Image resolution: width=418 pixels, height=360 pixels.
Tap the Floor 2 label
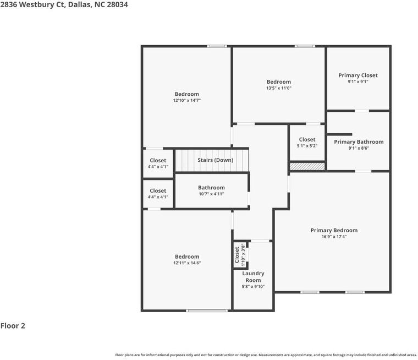[x=13, y=326]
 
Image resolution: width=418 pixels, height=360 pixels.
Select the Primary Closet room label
[x=358, y=75]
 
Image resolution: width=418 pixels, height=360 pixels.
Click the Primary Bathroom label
[x=359, y=142]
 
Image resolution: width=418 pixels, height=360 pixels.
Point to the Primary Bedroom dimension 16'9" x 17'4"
[x=334, y=237]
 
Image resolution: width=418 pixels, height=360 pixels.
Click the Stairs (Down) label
[x=215, y=160]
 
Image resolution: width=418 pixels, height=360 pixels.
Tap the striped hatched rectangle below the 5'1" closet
[x=307, y=166]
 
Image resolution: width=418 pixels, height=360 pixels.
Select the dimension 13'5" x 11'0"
[x=278, y=88]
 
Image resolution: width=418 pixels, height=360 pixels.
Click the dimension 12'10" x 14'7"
[x=186, y=100]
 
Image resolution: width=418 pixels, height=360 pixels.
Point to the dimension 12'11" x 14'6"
[x=187, y=263]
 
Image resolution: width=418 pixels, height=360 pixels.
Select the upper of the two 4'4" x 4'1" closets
[x=158, y=163]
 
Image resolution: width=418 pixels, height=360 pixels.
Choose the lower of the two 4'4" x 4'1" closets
[x=158, y=194]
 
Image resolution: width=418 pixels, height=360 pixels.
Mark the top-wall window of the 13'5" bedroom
[x=305, y=46]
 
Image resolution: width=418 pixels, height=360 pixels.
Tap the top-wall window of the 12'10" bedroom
[x=217, y=46]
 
